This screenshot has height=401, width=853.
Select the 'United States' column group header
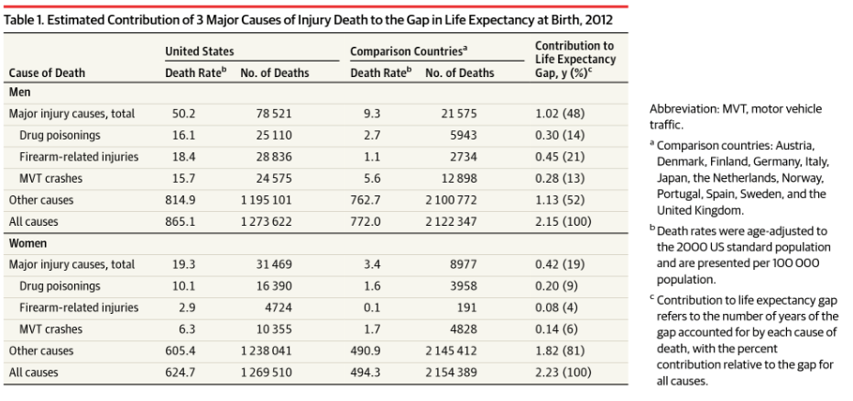click(x=199, y=52)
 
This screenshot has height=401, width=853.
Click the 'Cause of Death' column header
click(x=48, y=72)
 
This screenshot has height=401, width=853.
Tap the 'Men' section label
click(x=19, y=93)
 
